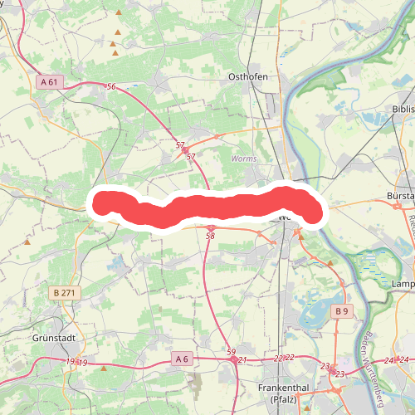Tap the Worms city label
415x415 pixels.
coord(244,158)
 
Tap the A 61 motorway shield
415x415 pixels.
coord(50,81)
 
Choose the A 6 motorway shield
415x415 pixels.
coord(183,359)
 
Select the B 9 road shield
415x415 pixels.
coord(342,310)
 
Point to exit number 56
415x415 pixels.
coord(111,87)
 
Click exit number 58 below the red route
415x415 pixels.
coord(210,237)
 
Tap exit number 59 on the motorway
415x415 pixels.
coord(231,352)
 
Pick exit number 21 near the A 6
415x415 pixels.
coord(242,359)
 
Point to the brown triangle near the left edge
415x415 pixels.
coord(27,242)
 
